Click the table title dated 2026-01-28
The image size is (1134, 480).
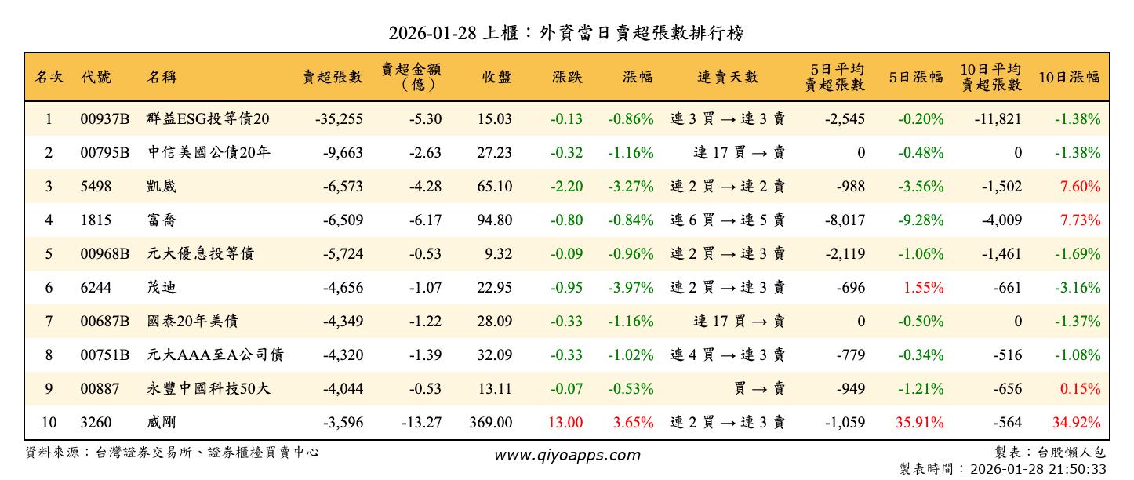point(566,33)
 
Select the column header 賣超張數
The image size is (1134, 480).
point(333,77)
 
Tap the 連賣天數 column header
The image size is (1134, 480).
point(728,77)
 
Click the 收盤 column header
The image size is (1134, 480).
point(496,77)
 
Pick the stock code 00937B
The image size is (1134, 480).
point(104,119)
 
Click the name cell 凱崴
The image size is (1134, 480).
point(162,187)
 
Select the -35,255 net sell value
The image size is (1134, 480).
point(339,119)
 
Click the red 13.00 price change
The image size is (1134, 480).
point(565,423)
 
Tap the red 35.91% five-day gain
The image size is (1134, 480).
point(919,423)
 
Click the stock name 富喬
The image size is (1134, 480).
point(162,220)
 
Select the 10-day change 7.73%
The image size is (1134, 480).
point(1080,220)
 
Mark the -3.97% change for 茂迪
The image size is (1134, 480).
point(631,288)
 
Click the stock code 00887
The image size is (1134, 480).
point(98,389)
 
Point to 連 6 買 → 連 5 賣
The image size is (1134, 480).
point(728,220)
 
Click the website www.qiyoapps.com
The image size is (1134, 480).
point(566,455)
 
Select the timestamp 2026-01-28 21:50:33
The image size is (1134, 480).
point(1038,469)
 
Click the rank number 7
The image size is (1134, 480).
point(49,322)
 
